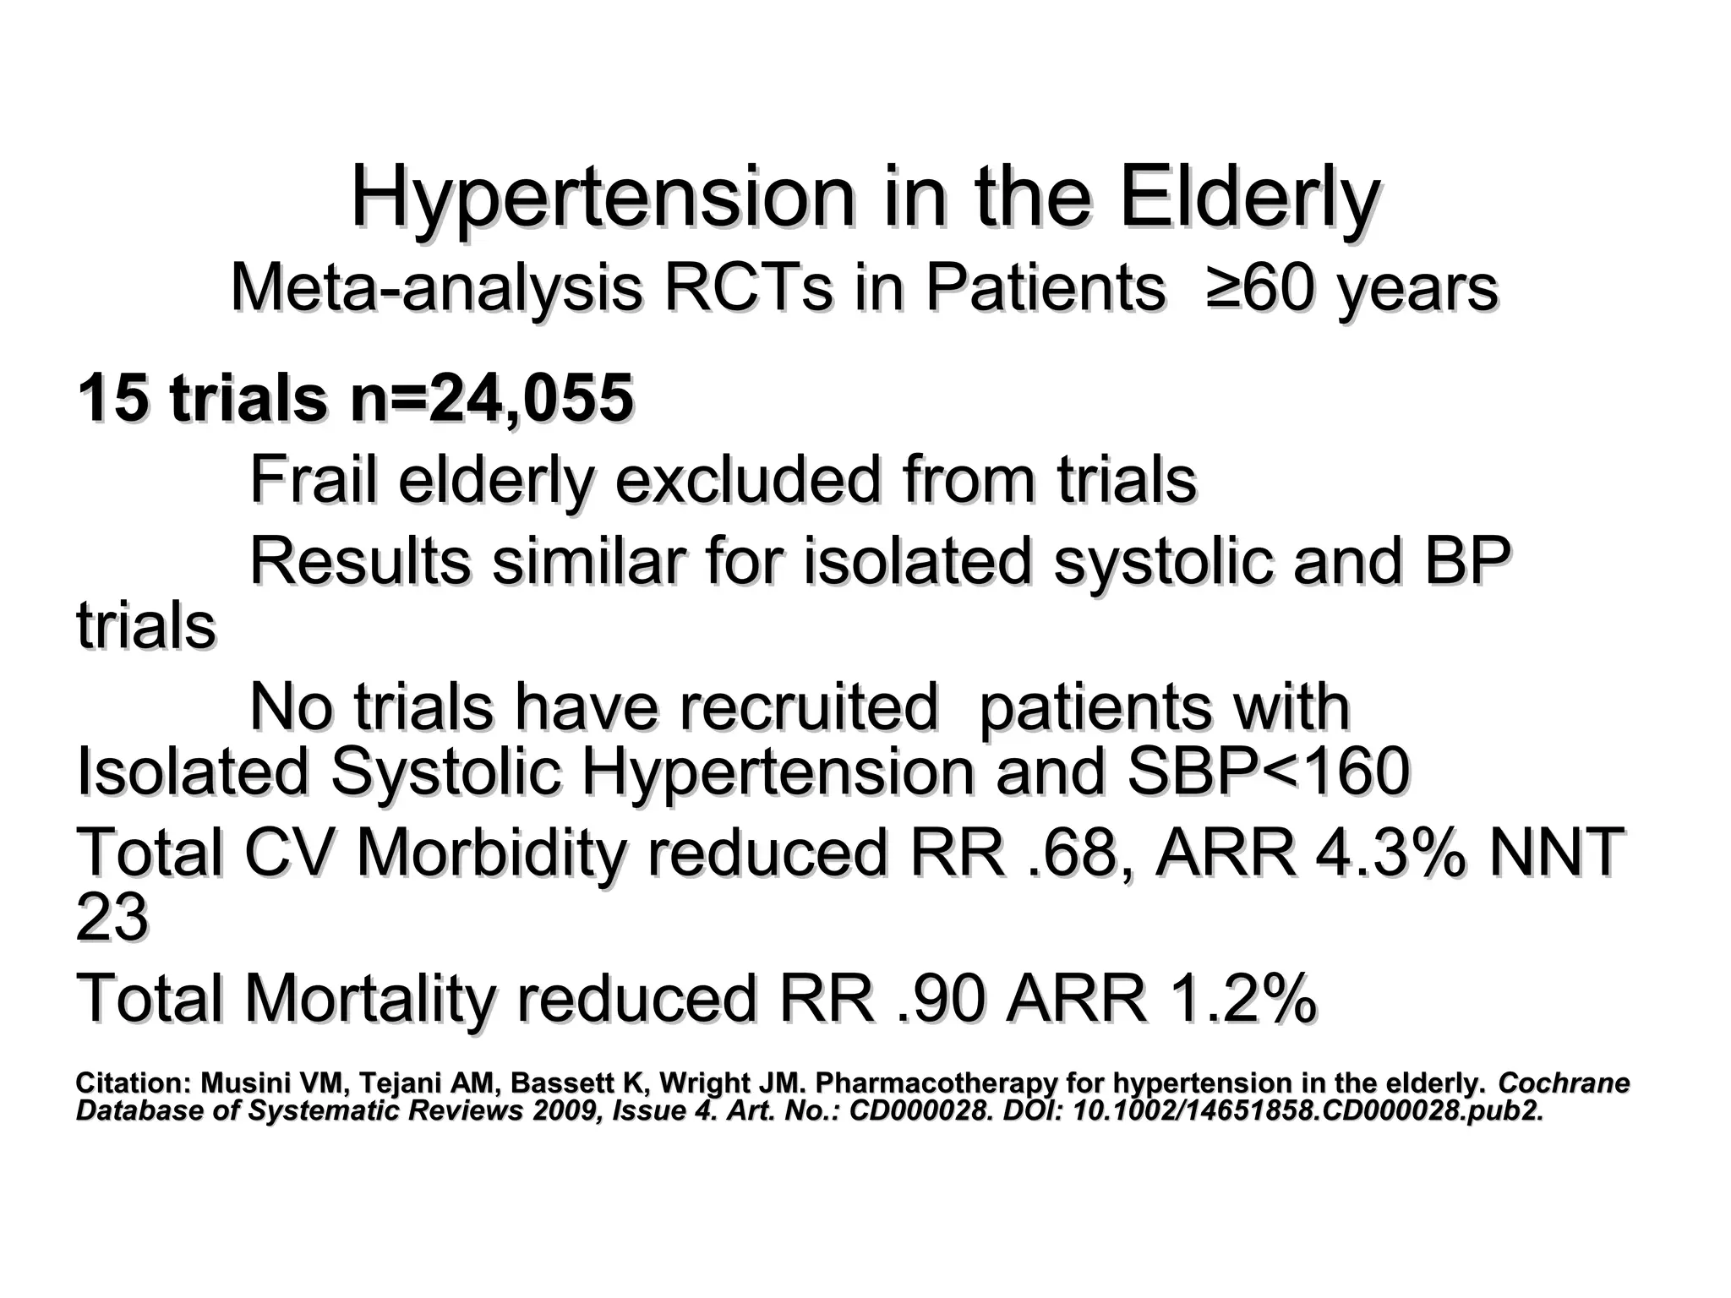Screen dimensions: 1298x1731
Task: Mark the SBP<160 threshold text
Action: (x=1268, y=772)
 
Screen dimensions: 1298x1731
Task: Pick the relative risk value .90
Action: (x=940, y=999)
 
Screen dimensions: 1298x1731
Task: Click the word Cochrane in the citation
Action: (x=1564, y=1083)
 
